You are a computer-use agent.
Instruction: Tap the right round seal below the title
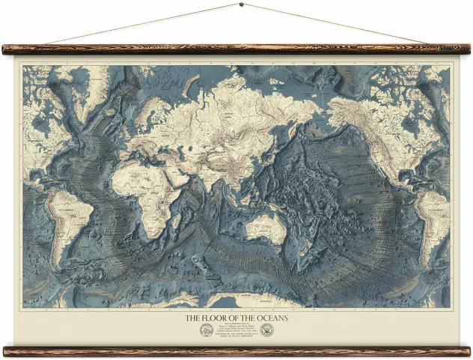(266, 330)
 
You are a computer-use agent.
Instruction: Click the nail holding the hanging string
(240, 4)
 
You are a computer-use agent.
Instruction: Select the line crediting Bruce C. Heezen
(236, 326)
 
